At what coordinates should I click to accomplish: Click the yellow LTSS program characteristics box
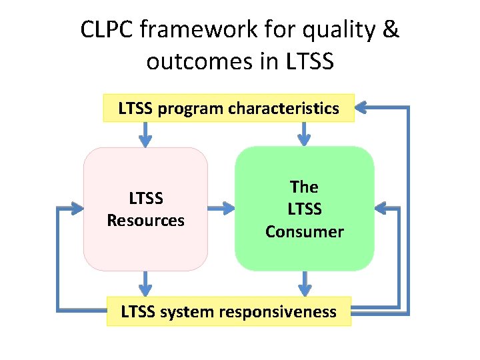click(229, 108)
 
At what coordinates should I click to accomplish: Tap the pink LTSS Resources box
click(145, 209)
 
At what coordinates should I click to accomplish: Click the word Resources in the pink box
click(145, 221)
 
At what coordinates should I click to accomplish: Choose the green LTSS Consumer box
click(304, 209)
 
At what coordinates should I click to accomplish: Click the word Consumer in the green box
click(304, 232)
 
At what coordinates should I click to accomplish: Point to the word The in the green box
click(304, 187)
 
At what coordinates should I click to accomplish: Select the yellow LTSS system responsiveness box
click(229, 311)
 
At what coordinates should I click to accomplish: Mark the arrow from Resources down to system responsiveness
click(145, 283)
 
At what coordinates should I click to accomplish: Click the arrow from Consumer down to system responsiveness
click(304, 283)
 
